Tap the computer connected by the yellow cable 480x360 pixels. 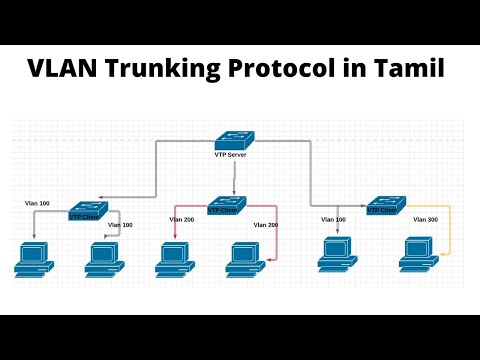417,254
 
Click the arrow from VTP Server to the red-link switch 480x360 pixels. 235,179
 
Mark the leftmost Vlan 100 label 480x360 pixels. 38,203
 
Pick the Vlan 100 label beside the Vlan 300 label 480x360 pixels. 333,219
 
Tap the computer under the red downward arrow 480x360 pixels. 174,257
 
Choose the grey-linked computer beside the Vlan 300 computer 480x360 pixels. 337,254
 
